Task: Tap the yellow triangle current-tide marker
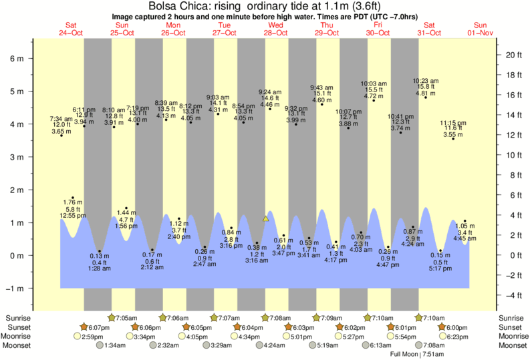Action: (x=265, y=218)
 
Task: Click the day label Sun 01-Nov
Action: (x=480, y=29)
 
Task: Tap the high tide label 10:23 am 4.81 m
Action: (x=426, y=87)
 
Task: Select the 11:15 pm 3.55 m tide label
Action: (x=453, y=128)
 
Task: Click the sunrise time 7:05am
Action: (x=128, y=318)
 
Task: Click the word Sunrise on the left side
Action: (x=17, y=318)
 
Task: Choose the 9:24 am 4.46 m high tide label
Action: (x=269, y=98)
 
